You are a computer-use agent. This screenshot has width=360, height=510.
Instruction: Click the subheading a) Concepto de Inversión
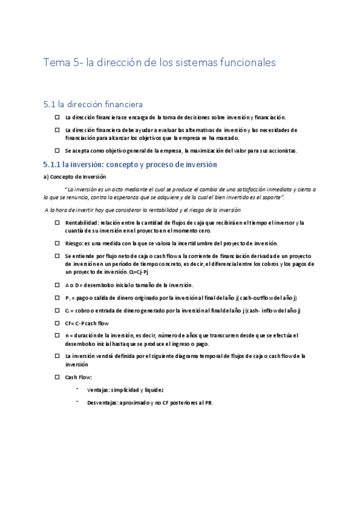75,177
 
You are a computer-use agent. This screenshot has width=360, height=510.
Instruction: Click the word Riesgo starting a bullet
75,244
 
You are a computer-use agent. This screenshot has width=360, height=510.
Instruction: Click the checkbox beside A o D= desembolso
57,284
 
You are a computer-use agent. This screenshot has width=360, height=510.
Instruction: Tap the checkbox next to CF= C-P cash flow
57,323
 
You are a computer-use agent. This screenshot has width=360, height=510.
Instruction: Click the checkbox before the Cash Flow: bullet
57,377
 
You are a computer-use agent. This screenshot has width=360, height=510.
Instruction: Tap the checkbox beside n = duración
57,336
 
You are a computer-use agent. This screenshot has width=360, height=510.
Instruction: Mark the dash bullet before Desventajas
78,401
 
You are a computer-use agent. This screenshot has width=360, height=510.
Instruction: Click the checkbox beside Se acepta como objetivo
57,150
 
